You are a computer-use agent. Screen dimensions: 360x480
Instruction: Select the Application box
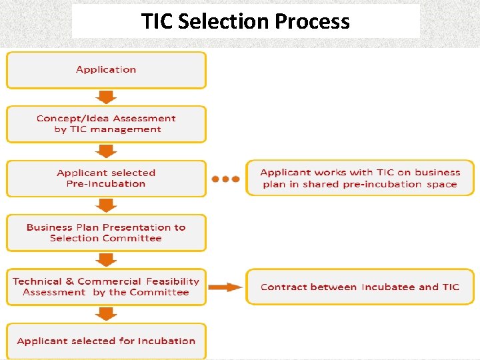106,70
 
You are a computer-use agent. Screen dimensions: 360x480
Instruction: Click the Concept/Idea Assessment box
106,124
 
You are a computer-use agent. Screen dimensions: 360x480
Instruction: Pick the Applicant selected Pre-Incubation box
106,178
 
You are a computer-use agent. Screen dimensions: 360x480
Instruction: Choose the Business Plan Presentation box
106,233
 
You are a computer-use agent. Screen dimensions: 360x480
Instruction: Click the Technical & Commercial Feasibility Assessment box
106,287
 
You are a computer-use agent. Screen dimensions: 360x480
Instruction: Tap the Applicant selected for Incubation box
106,341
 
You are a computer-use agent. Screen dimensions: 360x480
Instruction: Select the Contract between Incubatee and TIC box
360,287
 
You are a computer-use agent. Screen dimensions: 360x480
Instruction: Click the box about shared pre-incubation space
360,178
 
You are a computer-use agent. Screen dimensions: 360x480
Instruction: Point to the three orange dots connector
225,179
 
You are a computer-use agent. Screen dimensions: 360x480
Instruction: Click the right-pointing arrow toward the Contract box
225,287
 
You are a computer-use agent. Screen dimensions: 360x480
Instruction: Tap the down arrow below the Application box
105,97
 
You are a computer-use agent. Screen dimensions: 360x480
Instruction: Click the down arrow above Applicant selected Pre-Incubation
105,151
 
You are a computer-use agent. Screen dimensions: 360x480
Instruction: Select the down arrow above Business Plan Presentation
105,206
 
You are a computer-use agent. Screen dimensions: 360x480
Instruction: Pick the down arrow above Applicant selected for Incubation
105,314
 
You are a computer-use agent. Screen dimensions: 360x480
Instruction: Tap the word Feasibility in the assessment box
173,281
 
